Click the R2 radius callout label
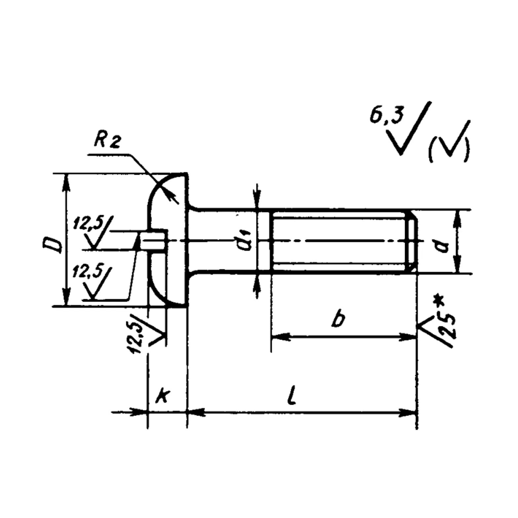click(x=107, y=141)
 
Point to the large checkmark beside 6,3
click(x=410, y=130)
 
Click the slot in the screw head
click(x=153, y=240)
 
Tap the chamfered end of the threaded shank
click(x=412, y=241)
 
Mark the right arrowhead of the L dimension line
click(x=410, y=412)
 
